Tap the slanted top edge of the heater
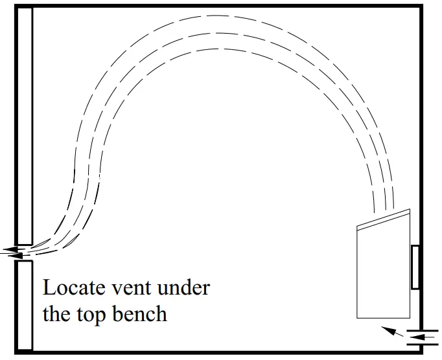click(x=384, y=217)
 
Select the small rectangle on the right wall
click(x=415, y=267)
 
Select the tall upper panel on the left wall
click(x=25, y=126)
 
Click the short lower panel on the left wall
click(x=25, y=304)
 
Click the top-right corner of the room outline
click(x=421, y=6)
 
